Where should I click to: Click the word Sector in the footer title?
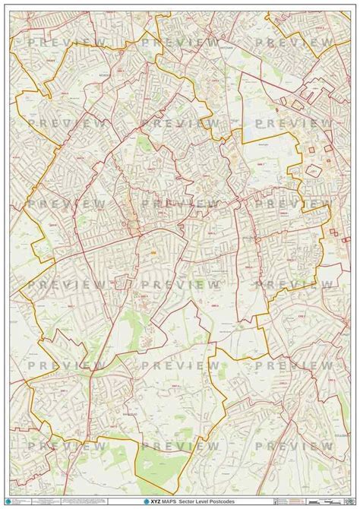(x=182, y=502)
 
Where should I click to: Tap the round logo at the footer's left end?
(x=9, y=501)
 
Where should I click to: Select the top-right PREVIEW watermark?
(x=294, y=43)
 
